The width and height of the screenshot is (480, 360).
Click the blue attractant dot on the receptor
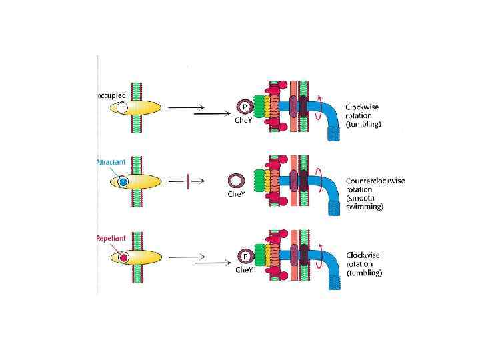[x=123, y=181]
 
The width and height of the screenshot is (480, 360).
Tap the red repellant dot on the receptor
[x=123, y=257]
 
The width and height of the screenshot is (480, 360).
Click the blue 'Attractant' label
[x=111, y=162]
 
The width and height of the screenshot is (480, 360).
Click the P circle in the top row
[x=245, y=107]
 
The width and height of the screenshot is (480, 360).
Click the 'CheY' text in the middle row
[x=236, y=195]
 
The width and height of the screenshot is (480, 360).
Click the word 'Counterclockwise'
[x=375, y=181]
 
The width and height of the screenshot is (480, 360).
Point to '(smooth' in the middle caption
[x=361, y=198]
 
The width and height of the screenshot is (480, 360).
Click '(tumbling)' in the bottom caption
[x=364, y=273]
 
